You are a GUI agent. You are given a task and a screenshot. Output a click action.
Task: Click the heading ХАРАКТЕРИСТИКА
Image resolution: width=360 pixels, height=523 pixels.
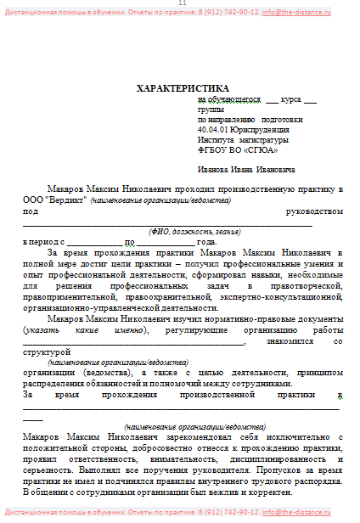pos(183,88)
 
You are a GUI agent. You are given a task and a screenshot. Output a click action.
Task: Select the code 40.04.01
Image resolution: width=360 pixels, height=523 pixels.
pos(212,130)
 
